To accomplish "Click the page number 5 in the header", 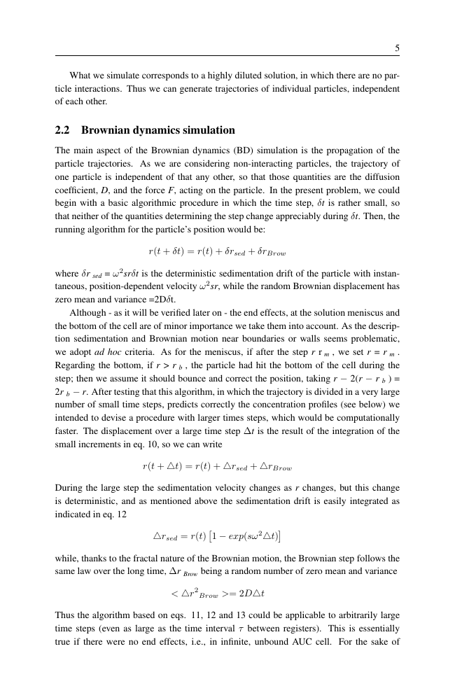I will point(397,48).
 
